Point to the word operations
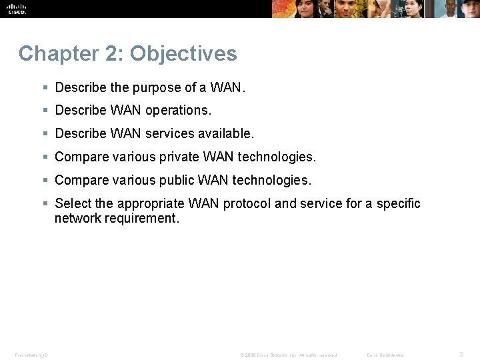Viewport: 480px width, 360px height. (179, 111)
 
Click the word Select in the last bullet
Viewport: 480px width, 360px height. (73, 203)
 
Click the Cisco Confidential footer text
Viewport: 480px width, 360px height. (385, 355)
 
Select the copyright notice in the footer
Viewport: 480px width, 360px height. (288, 355)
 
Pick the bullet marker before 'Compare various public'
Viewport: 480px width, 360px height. (45, 180)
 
